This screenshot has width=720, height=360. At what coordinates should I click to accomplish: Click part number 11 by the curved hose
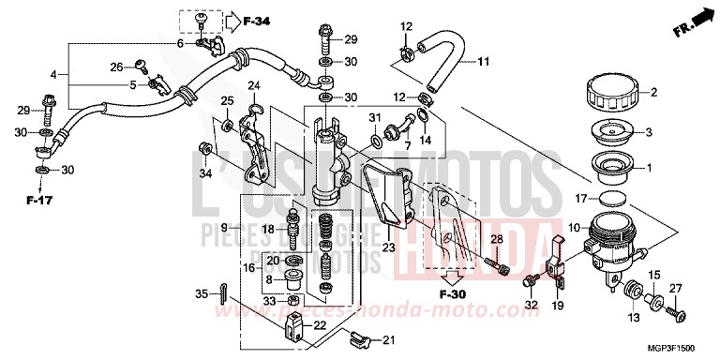pyautogui.click(x=484, y=63)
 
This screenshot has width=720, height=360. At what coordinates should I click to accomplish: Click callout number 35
pyautogui.click(x=202, y=294)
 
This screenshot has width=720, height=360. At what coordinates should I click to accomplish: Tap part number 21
pyautogui.click(x=389, y=340)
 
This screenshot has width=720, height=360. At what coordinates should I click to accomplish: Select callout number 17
pyautogui.click(x=581, y=198)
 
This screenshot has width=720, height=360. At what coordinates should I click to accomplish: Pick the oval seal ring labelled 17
pyautogui.click(x=612, y=199)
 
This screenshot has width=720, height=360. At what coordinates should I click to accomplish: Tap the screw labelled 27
pyautogui.click(x=678, y=307)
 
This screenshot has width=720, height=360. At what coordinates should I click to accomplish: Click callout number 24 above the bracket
pyautogui.click(x=253, y=87)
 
